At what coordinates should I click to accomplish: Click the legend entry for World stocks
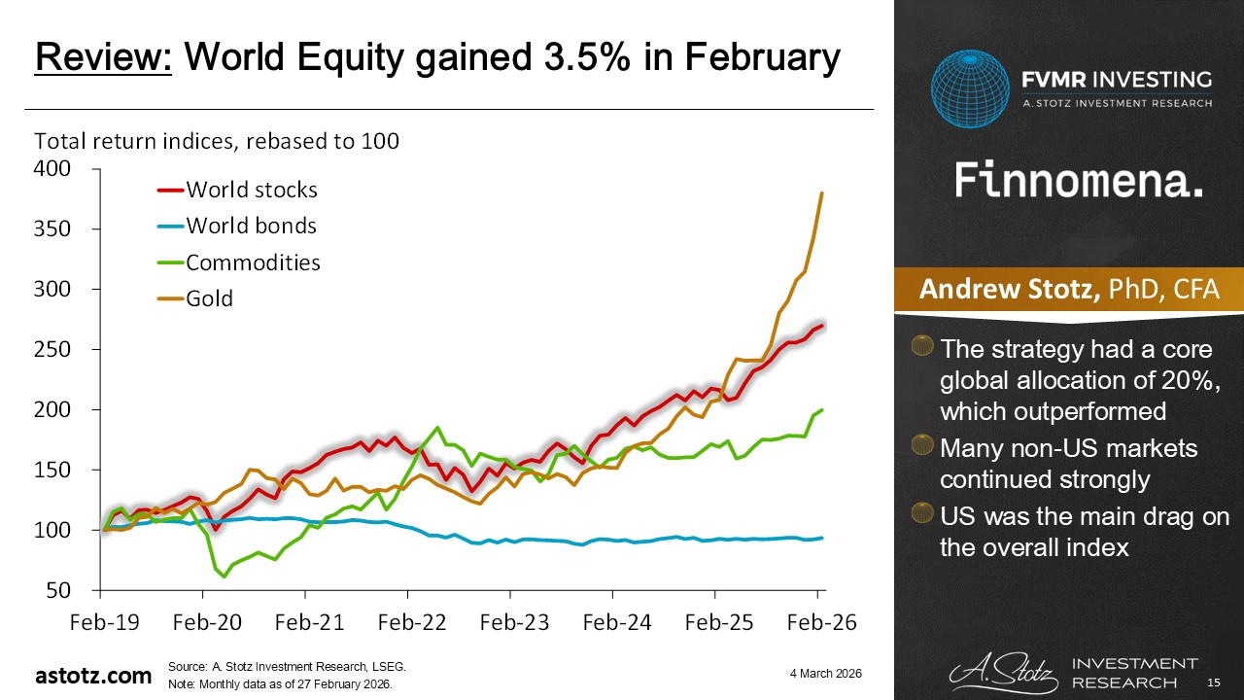coord(251,189)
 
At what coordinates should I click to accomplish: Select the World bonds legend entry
coord(251,226)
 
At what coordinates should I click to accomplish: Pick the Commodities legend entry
coord(253,262)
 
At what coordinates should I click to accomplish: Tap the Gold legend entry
coord(209,298)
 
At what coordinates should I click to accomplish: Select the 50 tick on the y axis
coord(61,590)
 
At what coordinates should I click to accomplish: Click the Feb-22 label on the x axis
coord(407,623)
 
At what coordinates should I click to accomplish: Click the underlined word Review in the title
coord(104,59)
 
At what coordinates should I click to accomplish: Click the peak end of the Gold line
coord(822,193)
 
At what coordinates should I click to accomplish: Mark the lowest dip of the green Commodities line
coord(225,577)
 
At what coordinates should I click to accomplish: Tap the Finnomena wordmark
coord(1079,181)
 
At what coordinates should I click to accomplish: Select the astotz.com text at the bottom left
coord(93,676)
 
